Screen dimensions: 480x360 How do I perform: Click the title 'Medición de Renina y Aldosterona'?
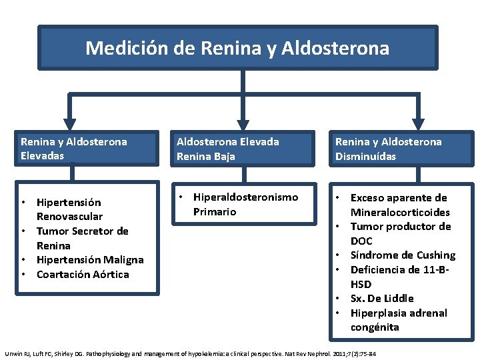(x=237, y=48)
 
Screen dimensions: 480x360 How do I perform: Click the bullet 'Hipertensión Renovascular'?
(x=69, y=209)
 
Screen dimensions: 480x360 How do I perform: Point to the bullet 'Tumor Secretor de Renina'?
(x=82, y=238)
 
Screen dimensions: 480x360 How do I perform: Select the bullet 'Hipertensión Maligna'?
(x=90, y=260)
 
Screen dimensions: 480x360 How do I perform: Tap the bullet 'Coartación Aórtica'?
(x=83, y=275)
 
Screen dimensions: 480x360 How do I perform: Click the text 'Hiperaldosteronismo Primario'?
(x=245, y=204)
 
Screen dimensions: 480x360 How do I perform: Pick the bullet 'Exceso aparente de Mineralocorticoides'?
(x=399, y=205)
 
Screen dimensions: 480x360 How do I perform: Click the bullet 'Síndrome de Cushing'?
(x=403, y=255)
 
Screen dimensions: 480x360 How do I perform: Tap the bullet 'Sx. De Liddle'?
(x=382, y=299)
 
